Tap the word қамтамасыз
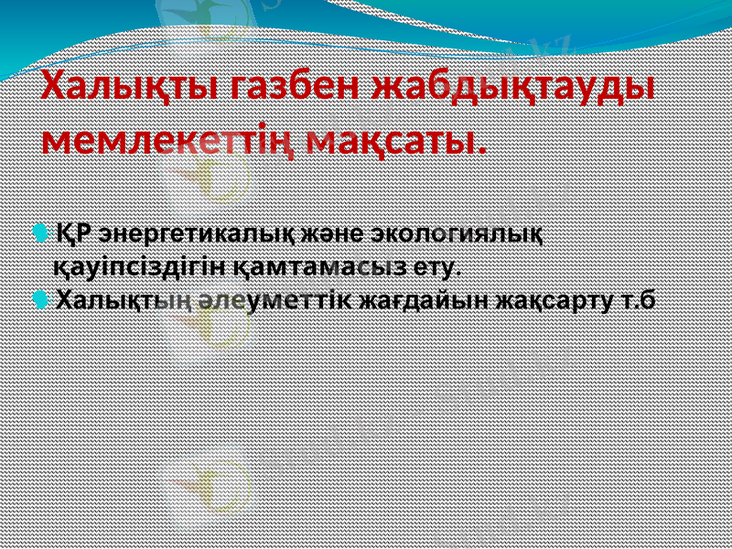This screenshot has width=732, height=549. pyautogui.click(x=321, y=266)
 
